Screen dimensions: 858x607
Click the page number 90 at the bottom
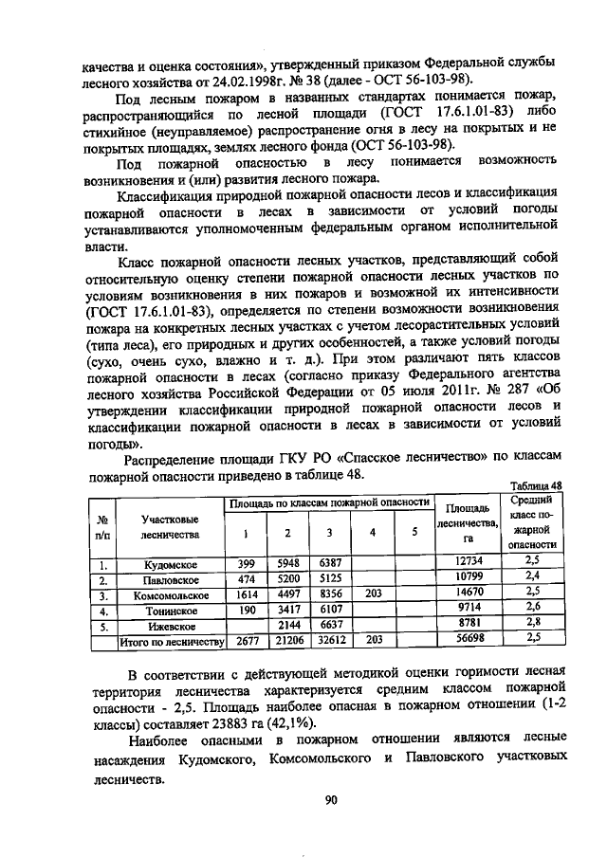(x=331, y=799)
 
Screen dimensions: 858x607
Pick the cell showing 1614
(x=247, y=594)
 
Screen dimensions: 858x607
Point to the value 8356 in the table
(x=329, y=594)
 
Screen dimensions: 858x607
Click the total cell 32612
(x=329, y=642)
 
